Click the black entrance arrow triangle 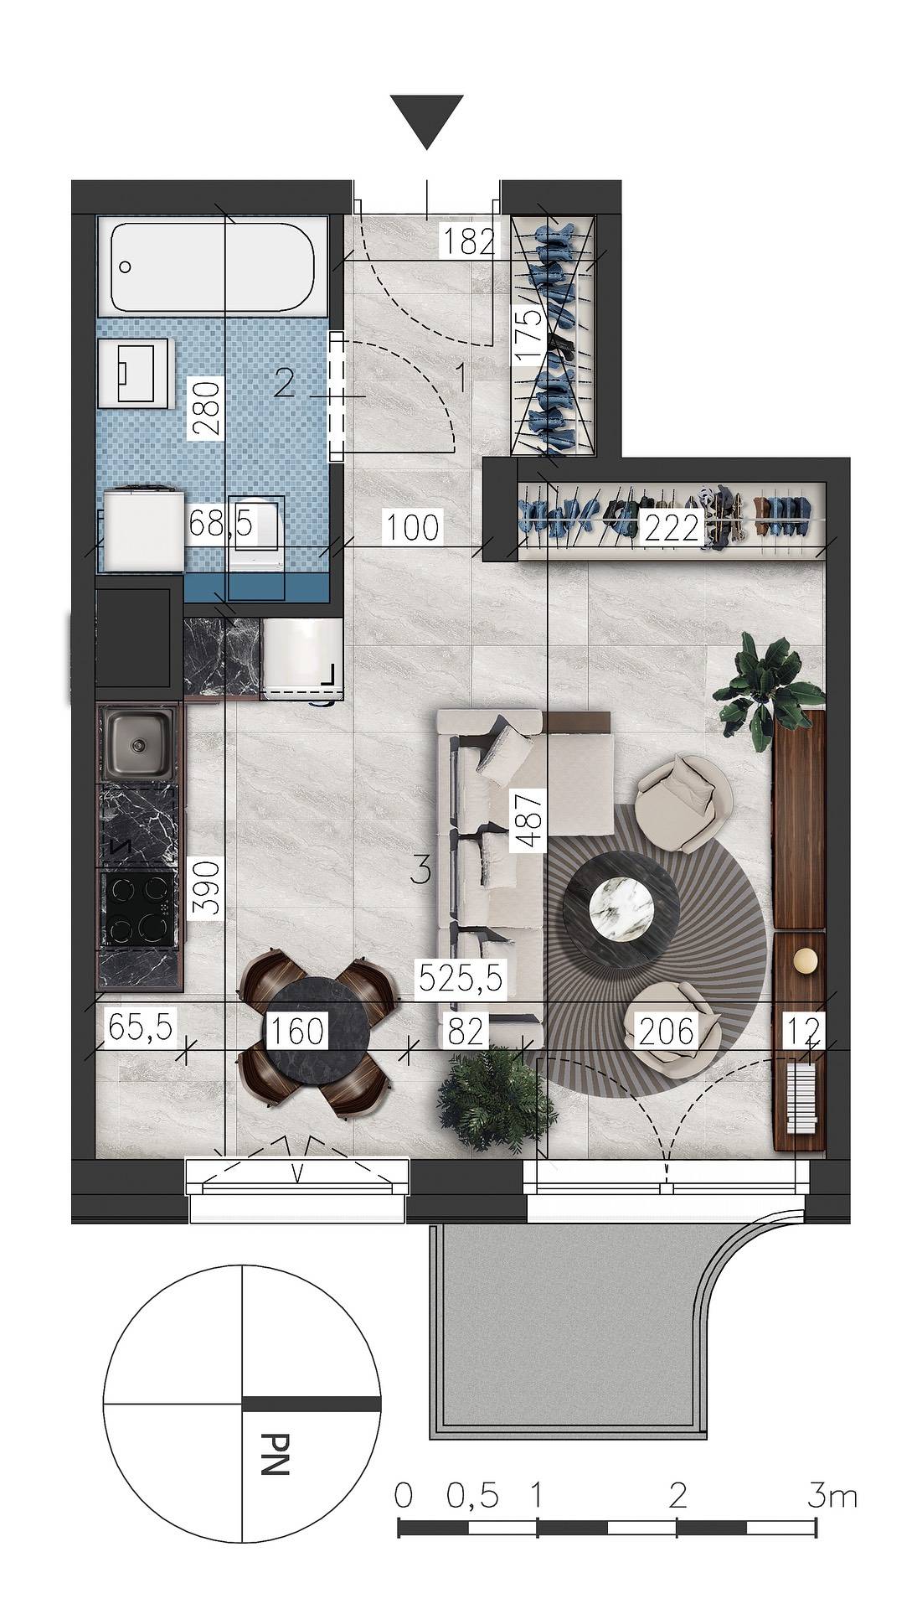tap(426, 117)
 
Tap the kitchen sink tap(139, 742)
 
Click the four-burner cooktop tap(137, 910)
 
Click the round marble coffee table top tap(621, 905)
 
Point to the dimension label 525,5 tap(462, 977)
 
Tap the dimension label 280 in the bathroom tap(206, 407)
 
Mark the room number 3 tap(422, 872)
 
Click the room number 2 tap(284, 385)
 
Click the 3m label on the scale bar tap(832, 1496)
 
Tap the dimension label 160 tap(296, 1031)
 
